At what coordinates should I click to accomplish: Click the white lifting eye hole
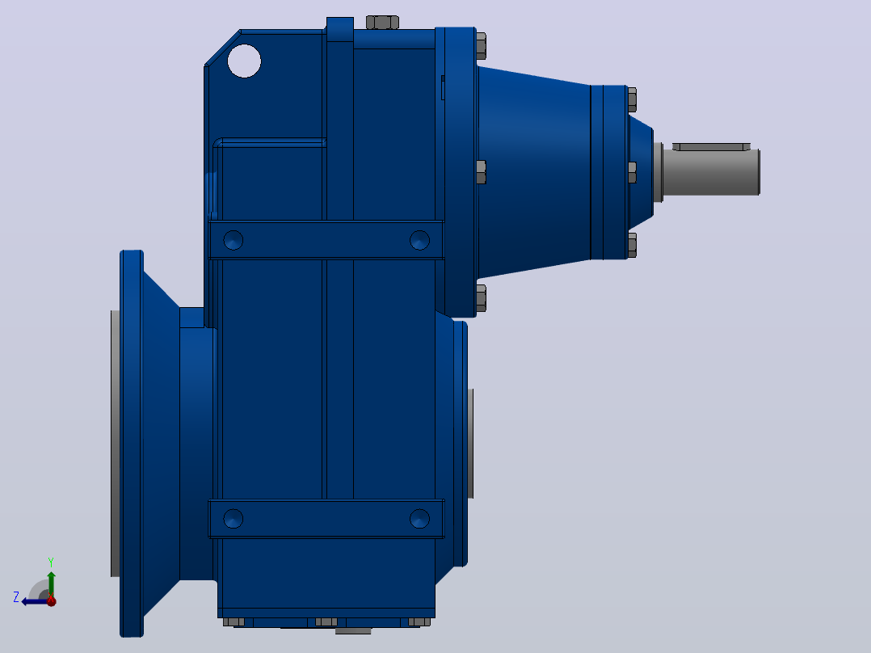(x=244, y=61)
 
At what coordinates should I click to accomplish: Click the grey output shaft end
(x=711, y=172)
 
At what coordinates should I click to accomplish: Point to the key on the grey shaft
(x=712, y=147)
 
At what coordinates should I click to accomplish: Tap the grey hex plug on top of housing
(x=382, y=23)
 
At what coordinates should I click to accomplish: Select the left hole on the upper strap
(x=234, y=240)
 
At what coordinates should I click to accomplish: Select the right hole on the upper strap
(x=419, y=240)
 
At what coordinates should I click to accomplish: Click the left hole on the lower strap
(x=234, y=519)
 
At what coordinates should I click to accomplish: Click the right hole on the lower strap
(x=419, y=519)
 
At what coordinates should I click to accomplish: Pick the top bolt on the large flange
(x=481, y=46)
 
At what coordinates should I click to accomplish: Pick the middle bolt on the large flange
(x=481, y=172)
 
